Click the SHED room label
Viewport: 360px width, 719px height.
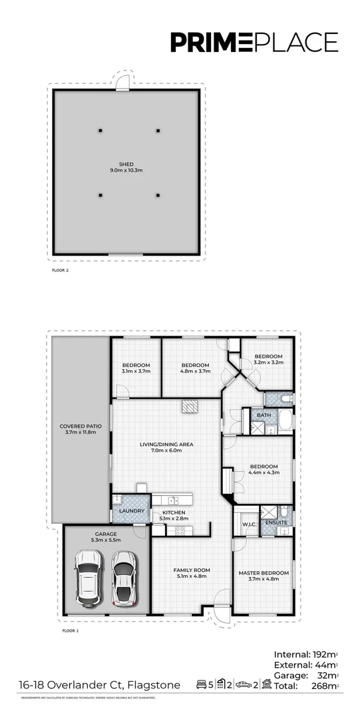tap(126, 164)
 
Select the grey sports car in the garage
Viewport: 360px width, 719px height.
tap(123, 576)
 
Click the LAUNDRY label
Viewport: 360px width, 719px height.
tap(131, 511)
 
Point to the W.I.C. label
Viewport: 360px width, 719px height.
tap(250, 523)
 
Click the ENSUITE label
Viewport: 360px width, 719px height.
tap(275, 523)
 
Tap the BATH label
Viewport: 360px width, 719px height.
tap(264, 415)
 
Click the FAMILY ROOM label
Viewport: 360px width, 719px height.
tap(192, 570)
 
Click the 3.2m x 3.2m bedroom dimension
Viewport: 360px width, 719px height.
tap(269, 363)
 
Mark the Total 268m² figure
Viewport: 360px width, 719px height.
tap(321, 686)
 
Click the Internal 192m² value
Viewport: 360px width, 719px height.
tap(324, 654)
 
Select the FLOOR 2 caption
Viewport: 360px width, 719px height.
tap(61, 272)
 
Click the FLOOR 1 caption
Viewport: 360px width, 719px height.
tap(70, 630)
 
